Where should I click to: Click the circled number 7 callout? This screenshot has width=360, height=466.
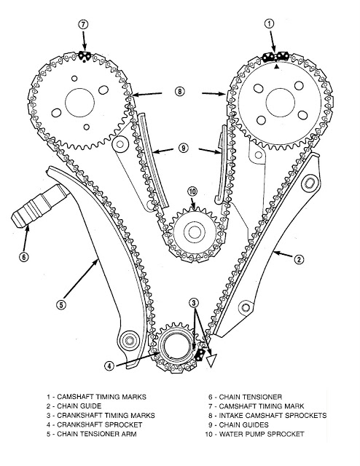(83, 24)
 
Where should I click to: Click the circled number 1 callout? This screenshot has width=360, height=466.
(269, 23)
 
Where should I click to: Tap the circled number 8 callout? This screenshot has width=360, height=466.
(179, 91)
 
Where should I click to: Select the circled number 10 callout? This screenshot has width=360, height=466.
(192, 191)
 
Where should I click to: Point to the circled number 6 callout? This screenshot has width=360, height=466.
(24, 256)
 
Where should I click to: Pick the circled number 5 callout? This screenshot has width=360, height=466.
(61, 304)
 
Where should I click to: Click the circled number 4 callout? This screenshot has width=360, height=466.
(109, 366)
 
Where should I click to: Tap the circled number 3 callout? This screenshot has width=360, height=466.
(194, 303)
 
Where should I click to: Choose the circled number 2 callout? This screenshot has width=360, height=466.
(299, 259)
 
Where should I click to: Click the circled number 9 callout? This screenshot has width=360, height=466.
(184, 148)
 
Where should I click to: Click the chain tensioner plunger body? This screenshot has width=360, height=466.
(39, 206)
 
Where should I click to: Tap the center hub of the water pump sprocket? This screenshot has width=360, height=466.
(195, 232)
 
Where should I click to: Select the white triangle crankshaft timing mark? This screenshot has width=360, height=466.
(211, 360)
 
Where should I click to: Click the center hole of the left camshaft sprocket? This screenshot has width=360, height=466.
(79, 103)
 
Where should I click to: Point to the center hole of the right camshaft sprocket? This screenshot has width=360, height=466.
(281, 103)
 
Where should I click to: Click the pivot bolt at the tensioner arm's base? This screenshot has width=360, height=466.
(130, 339)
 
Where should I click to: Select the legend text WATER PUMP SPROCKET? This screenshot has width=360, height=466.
(262, 434)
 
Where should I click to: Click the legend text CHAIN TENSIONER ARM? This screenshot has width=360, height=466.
(97, 434)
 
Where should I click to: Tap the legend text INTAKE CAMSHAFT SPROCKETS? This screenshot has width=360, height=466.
(273, 415)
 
